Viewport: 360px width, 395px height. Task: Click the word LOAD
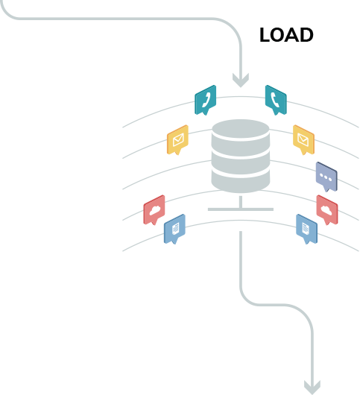[x=286, y=35]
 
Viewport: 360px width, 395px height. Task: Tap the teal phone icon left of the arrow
[x=205, y=100]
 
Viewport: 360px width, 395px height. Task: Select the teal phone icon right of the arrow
[x=276, y=100]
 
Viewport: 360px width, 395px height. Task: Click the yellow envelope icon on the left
[x=177, y=140]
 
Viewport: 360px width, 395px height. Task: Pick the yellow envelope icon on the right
[x=303, y=140]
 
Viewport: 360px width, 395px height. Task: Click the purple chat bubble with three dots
[x=326, y=177]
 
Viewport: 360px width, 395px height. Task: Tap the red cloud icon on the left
[x=154, y=210]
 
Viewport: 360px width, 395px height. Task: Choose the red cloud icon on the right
[x=327, y=210]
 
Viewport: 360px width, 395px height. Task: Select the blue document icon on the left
[x=174, y=229]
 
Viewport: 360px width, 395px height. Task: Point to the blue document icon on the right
[x=306, y=229]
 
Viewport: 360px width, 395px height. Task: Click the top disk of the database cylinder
[x=241, y=130]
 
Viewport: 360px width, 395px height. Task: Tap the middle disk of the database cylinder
[x=241, y=159]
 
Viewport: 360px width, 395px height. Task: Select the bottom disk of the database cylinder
[x=241, y=181]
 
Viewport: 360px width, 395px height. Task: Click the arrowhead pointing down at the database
[x=241, y=80]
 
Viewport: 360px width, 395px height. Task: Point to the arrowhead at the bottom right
[x=312, y=388]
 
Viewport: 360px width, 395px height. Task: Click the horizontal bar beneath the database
[x=241, y=209]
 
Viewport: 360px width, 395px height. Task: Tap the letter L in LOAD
[x=265, y=35]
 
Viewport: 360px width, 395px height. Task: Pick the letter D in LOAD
[x=307, y=35]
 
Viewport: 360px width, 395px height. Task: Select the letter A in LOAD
[x=292, y=35]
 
